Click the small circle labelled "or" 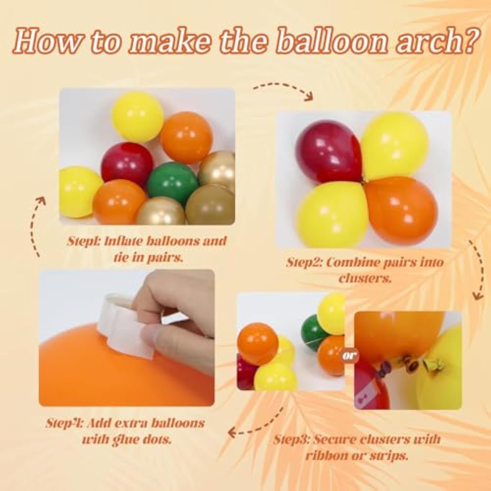click(350, 355)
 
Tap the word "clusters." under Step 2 click(365, 279)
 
